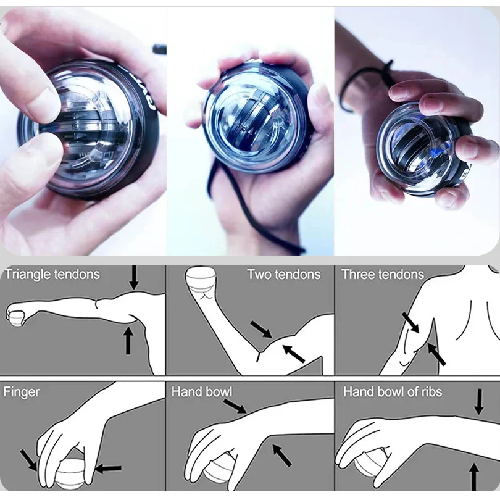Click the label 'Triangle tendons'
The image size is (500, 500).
(x=52, y=274)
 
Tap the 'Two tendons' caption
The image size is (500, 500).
(x=283, y=274)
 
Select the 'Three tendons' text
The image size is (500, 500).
(x=383, y=274)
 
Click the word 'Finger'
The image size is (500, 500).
(x=22, y=391)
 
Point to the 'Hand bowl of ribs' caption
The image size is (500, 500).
(x=393, y=391)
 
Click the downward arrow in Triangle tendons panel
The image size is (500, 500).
(x=134, y=277)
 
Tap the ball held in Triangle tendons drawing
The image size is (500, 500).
(x=15, y=317)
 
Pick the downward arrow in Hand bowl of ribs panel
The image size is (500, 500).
(x=478, y=402)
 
